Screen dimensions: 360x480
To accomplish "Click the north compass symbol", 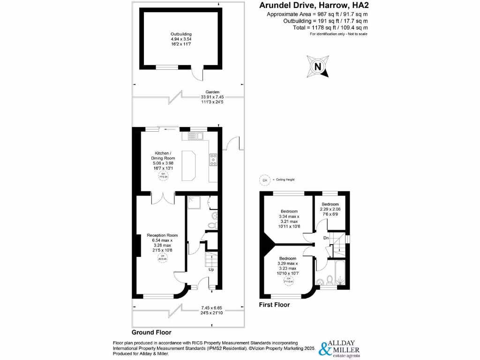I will point(317,66).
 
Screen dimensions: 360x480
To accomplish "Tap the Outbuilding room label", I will point(181,38).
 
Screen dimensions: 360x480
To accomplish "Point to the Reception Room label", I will point(162,242).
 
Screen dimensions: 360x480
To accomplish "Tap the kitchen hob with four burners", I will point(213,160).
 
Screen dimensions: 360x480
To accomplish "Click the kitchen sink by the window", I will point(195,136).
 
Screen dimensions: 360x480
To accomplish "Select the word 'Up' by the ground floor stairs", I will point(212,270).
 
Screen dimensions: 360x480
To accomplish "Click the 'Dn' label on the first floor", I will point(326,238).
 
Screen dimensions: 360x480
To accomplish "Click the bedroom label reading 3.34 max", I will point(290,219).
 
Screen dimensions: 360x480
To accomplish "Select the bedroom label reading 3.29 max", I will point(287,265).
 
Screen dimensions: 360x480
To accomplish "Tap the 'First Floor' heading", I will point(274,305).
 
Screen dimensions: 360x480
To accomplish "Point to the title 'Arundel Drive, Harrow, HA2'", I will point(313,6).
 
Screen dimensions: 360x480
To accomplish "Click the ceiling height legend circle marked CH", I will point(264,180).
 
